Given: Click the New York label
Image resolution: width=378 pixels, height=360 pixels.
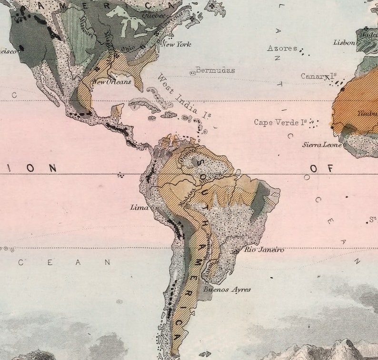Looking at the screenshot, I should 177,44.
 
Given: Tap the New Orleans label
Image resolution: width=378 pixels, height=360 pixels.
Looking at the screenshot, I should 112,82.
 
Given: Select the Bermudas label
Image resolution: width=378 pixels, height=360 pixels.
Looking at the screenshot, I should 216,70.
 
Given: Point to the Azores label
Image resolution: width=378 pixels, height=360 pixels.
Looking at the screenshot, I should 282,48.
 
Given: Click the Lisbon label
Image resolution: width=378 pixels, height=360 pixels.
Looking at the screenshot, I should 344,42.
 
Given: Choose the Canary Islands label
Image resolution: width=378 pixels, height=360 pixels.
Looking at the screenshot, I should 318,76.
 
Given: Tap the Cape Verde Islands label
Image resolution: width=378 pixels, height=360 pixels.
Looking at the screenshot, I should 280,122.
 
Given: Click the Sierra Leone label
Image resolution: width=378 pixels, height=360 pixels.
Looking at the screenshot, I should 322,144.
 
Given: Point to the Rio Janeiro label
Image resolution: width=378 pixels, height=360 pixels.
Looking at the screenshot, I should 264,250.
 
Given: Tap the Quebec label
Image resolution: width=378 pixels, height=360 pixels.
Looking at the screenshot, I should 153,15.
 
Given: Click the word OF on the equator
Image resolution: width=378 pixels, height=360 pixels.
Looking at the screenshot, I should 320,168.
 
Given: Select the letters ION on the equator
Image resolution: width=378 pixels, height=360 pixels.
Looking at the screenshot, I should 41,168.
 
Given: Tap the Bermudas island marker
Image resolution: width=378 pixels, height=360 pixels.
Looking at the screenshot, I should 193,73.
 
